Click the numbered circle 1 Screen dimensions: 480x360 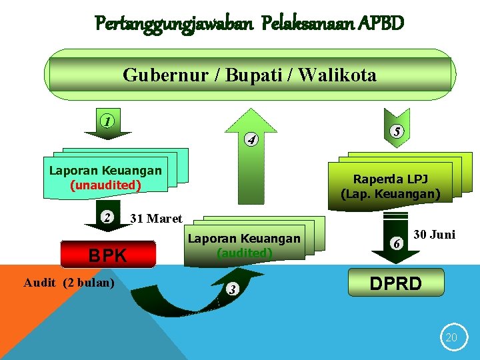tap(107, 122)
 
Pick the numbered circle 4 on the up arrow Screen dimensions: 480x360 tap(251, 140)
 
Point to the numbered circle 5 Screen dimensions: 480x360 tap(397, 132)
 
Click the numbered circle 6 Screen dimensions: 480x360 tap(397, 244)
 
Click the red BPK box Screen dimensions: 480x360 tap(108, 255)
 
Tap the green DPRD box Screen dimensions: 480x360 tap(396, 283)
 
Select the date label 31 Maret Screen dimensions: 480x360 tap(156, 219)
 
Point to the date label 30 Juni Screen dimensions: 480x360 tap(435, 235)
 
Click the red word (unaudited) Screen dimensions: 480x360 tap(105, 185)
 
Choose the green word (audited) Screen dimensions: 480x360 tap(244, 253)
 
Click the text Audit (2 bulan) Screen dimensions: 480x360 tap(69, 283)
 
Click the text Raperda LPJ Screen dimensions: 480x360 tap(391, 179)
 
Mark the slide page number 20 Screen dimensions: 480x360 tap(451, 338)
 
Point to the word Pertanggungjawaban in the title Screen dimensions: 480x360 tap(175, 24)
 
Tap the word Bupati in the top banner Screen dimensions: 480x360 tap(255, 75)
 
